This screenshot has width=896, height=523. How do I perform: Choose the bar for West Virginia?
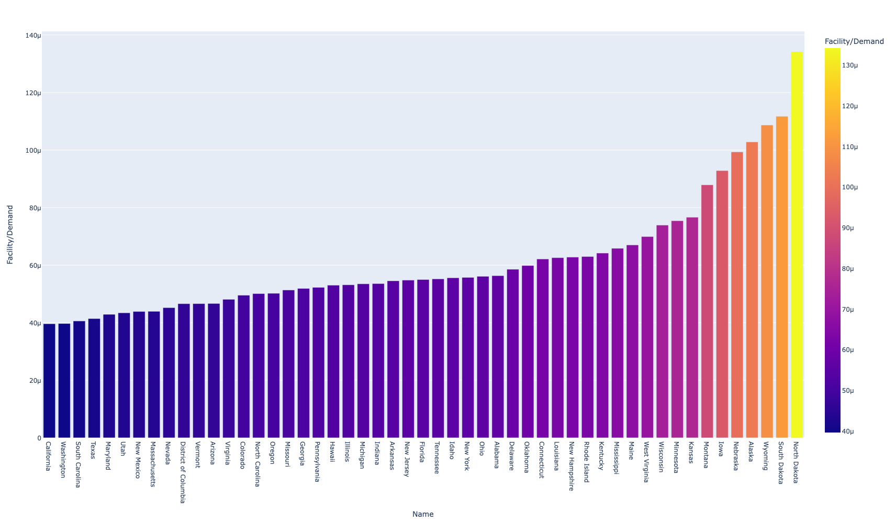point(647,337)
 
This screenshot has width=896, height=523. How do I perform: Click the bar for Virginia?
point(229,369)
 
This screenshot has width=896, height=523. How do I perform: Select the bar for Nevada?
point(169,373)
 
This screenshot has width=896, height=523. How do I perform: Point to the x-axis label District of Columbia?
point(183,472)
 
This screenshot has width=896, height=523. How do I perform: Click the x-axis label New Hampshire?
point(572,466)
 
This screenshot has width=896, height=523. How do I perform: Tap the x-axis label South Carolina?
point(78,464)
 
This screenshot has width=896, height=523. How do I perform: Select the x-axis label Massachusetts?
point(153,464)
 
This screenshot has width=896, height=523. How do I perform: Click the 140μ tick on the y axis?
point(33,36)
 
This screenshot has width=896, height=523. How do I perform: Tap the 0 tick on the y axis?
point(39,438)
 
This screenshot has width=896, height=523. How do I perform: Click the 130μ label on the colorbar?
point(849,65)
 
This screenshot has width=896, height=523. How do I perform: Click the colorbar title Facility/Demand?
point(854,41)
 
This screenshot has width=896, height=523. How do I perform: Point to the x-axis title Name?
point(423,514)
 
